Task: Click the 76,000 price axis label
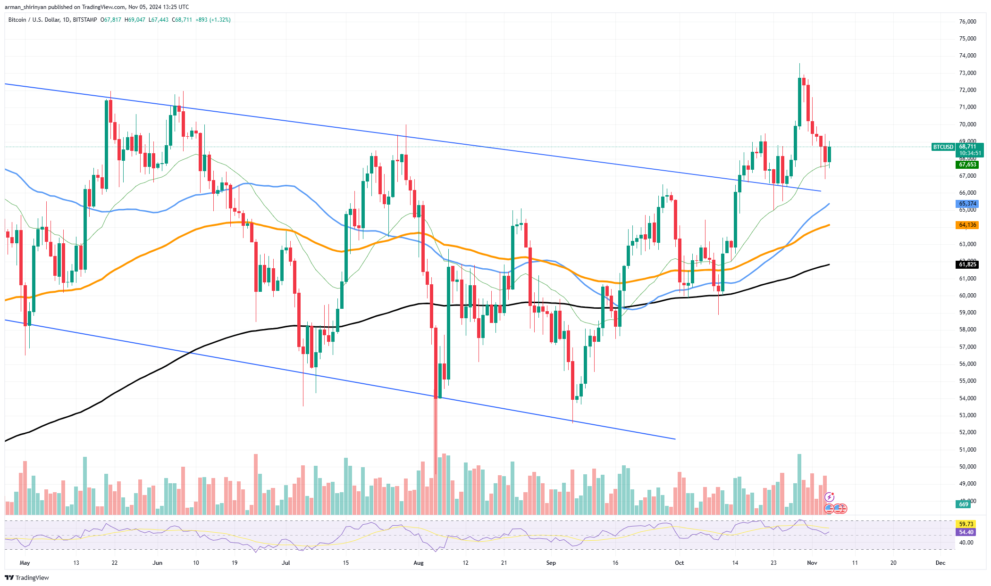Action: tap(967, 22)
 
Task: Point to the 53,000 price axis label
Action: tap(967, 415)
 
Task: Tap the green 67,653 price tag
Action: tap(967, 165)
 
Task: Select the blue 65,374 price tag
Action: tap(967, 204)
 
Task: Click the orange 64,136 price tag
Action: tap(967, 225)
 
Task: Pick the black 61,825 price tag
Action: tap(967, 264)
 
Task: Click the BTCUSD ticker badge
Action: tap(943, 147)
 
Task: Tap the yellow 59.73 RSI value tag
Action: tap(966, 524)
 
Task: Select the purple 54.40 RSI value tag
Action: tap(966, 532)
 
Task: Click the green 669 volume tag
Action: tap(963, 504)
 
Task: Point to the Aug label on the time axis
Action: tap(419, 563)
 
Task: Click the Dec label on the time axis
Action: tap(940, 563)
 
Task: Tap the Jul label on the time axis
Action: tap(286, 563)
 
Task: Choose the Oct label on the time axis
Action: tap(679, 563)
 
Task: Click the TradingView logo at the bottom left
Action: tap(27, 578)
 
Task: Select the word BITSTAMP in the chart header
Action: tap(85, 20)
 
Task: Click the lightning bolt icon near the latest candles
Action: tap(829, 497)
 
